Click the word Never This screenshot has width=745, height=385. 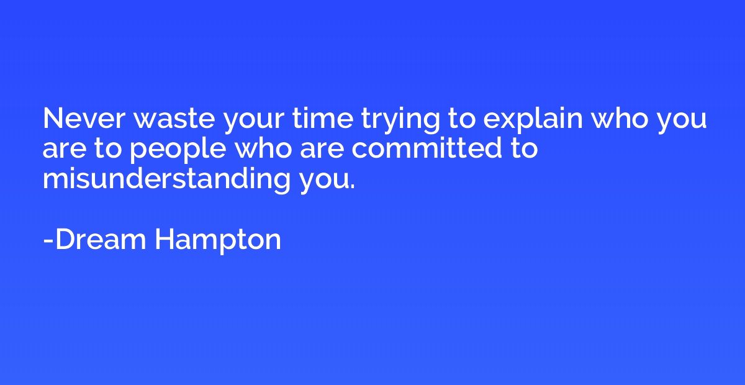tap(84, 119)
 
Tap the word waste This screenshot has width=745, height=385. tap(174, 119)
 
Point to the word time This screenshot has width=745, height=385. tap(323, 119)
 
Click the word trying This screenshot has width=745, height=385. tap(400, 122)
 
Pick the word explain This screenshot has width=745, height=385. tap(533, 120)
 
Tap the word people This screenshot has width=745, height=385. tap(178, 150)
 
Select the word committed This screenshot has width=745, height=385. tap(427, 148)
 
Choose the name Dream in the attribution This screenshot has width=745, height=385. tap(101, 239)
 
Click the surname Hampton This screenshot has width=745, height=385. tap(218, 242)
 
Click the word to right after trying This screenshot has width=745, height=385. tap(461, 119)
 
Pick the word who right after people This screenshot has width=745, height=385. tap(263, 148)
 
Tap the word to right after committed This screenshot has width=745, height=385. tap(524, 149)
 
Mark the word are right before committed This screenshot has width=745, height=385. tap(322, 150)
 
